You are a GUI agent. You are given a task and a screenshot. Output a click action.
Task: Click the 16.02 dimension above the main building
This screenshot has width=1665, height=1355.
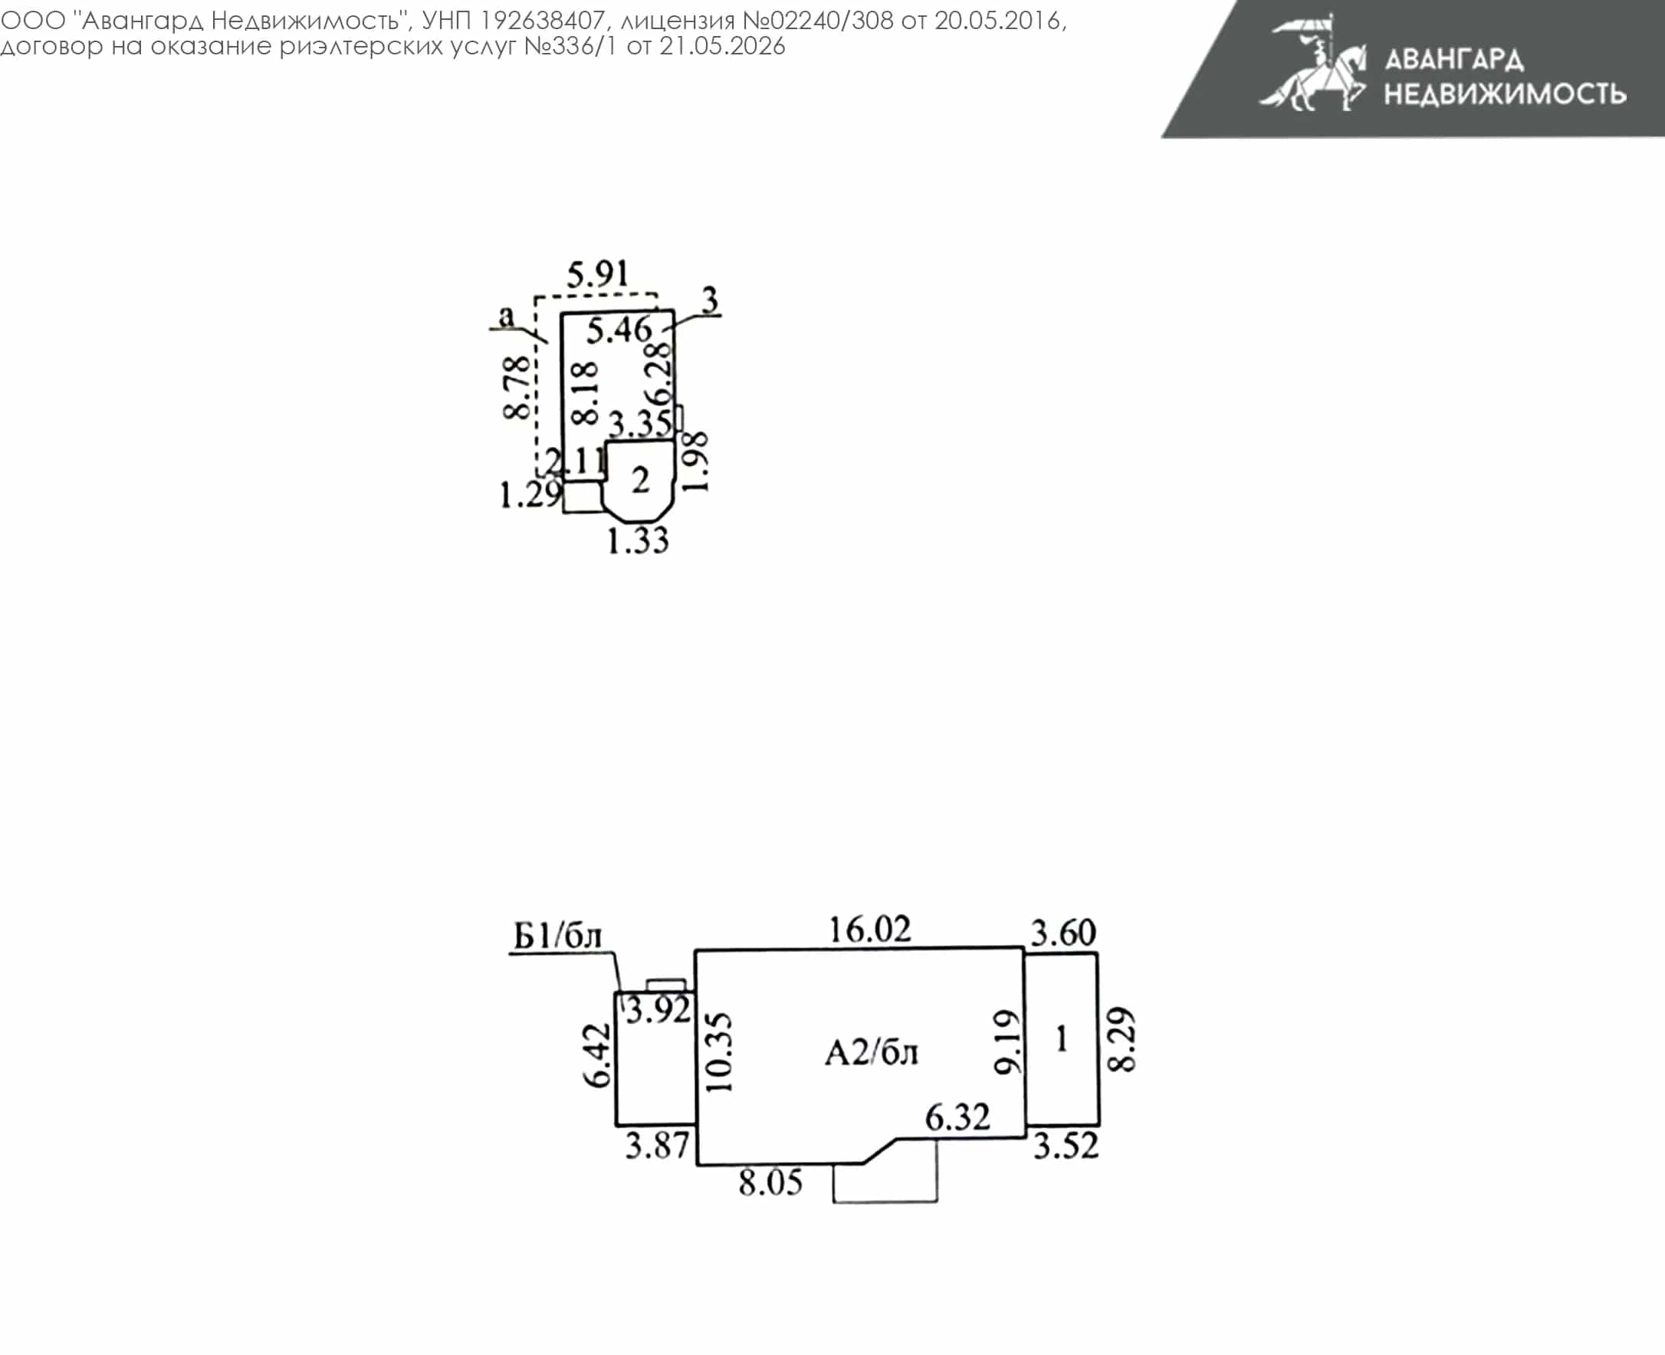click(869, 930)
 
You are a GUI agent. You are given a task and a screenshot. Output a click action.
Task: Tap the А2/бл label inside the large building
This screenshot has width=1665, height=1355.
click(871, 1053)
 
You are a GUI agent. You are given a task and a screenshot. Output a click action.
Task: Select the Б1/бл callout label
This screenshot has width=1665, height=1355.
click(557, 936)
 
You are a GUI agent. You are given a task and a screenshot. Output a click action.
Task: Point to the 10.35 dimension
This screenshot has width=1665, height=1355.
click(719, 1052)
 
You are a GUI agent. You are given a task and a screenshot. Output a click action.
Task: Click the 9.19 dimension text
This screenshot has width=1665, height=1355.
click(1007, 1042)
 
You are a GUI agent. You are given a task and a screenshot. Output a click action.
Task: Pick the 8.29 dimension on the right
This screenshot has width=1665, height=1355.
click(1121, 1040)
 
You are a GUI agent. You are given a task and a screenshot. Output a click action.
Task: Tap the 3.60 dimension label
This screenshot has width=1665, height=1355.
click(1063, 933)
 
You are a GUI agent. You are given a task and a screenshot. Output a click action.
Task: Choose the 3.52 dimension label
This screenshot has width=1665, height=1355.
click(1066, 1146)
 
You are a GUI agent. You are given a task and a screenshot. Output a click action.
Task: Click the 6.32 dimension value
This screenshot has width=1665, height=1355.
click(957, 1117)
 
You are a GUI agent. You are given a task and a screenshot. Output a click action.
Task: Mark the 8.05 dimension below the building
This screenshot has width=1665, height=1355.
click(770, 1183)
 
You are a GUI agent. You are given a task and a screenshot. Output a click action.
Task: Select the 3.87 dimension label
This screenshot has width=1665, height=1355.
click(657, 1146)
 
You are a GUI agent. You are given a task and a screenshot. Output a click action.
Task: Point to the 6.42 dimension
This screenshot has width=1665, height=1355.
click(596, 1055)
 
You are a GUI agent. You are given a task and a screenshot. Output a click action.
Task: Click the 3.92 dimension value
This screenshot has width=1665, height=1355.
click(658, 1010)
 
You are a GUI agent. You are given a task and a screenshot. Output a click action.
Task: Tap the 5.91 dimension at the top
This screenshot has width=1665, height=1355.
click(597, 274)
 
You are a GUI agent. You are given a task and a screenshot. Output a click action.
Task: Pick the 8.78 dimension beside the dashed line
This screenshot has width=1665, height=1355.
click(517, 388)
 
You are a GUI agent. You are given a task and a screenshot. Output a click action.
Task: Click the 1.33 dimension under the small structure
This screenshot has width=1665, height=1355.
click(638, 540)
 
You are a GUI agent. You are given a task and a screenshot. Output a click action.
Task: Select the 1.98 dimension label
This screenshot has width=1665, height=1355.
click(695, 462)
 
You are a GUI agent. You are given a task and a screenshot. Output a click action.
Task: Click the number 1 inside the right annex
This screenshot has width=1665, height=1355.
click(1062, 1039)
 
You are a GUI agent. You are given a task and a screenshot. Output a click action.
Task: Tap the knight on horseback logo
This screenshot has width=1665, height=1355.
click(1313, 64)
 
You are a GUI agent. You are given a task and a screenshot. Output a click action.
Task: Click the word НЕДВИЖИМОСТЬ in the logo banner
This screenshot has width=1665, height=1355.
click(1505, 94)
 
